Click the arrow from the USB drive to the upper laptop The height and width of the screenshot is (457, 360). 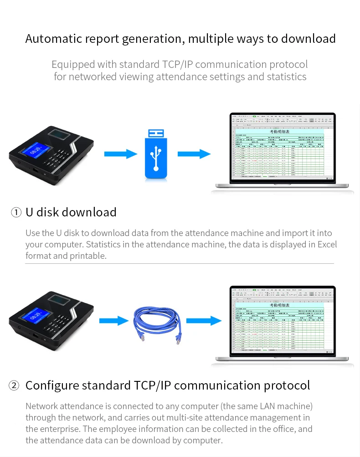point(194,154)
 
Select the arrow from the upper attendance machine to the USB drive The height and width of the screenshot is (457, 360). point(121,154)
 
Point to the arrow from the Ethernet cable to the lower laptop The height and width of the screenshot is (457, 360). point(203,321)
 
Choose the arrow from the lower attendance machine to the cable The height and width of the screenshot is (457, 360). point(114,321)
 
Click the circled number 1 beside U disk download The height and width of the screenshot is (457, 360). point(16,212)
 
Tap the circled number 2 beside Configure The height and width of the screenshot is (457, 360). point(14,385)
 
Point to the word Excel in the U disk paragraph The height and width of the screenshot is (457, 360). point(327,244)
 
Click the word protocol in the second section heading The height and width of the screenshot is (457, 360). point(287,385)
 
